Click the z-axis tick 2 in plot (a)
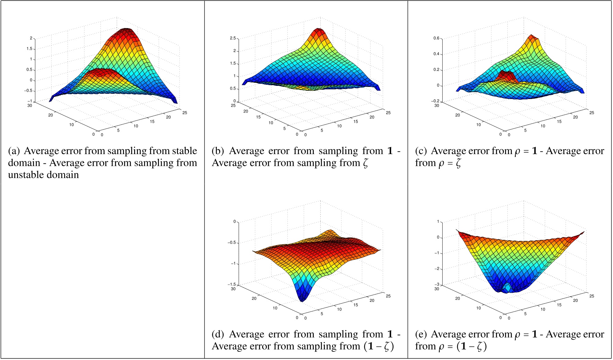coord(31,38)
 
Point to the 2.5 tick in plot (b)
coord(233,38)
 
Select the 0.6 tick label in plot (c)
coord(436,38)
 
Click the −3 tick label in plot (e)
coord(437,284)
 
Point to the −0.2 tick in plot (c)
coord(435,101)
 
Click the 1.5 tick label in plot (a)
coord(29,49)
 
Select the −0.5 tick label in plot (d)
coord(231,242)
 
